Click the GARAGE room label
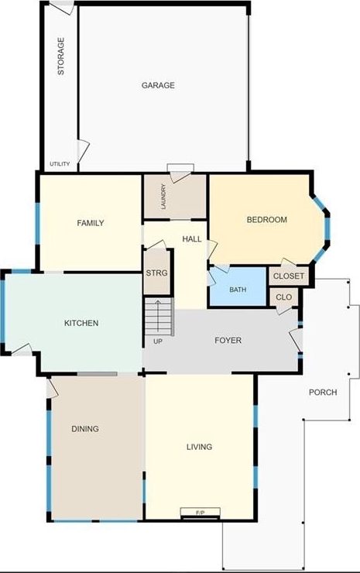click(x=158, y=85)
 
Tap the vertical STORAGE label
click(x=61, y=57)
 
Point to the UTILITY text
click(x=60, y=163)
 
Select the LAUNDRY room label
click(x=163, y=196)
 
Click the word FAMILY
click(x=91, y=223)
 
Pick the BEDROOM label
click(x=267, y=220)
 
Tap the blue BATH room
click(x=238, y=286)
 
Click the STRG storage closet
click(x=157, y=273)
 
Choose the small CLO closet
click(x=284, y=297)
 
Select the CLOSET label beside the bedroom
click(x=289, y=276)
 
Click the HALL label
click(x=192, y=239)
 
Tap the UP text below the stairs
click(x=158, y=341)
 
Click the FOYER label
click(x=228, y=340)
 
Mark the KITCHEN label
click(x=81, y=323)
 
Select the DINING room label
click(x=85, y=429)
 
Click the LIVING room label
click(x=199, y=447)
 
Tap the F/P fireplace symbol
click(x=201, y=513)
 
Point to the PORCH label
click(x=323, y=392)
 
